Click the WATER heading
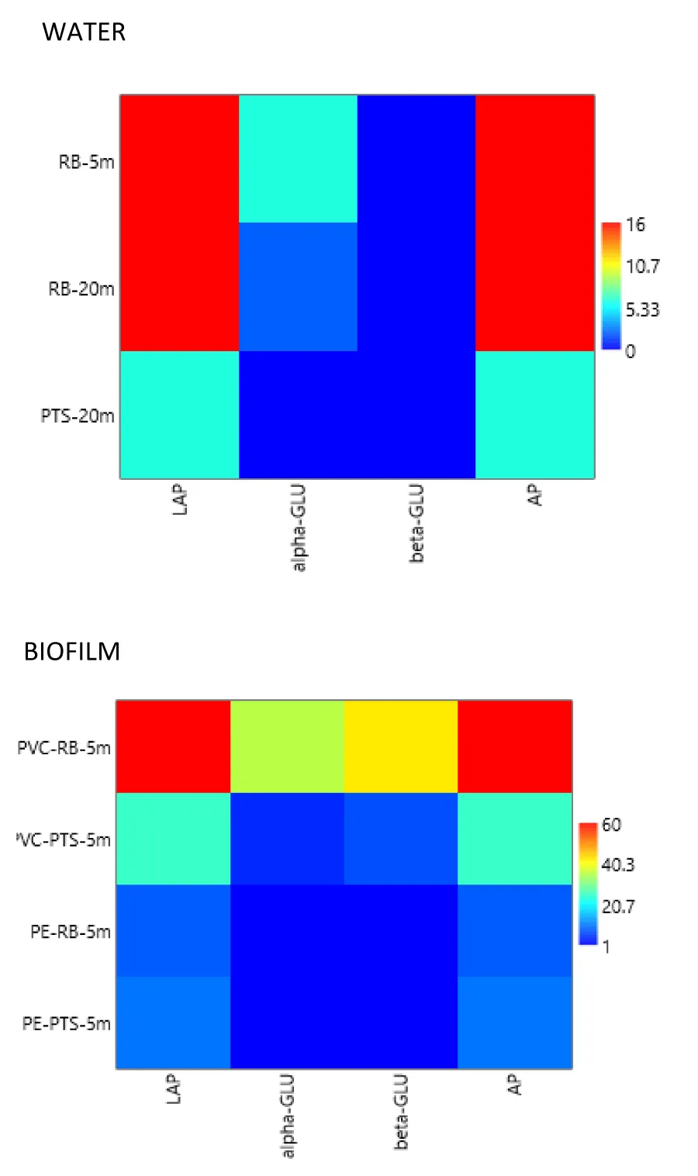[84, 32]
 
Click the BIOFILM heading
[72, 651]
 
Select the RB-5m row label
[87, 162]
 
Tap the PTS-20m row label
[78, 416]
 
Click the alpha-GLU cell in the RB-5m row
[298, 159]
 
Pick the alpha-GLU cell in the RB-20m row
[298, 287]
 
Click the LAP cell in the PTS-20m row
[179, 415]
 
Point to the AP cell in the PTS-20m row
[535, 415]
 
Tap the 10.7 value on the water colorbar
[643, 267]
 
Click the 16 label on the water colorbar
[635, 225]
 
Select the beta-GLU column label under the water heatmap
[416, 523]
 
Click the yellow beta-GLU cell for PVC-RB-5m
[401, 747]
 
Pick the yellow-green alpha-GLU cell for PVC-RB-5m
[287, 747]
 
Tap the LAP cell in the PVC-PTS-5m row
[173, 839]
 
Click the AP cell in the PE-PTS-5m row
[515, 1023]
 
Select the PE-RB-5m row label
[70, 931]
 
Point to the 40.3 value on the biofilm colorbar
[618, 864]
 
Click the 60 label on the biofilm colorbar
[611, 824]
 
